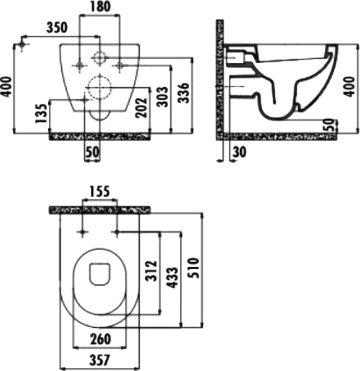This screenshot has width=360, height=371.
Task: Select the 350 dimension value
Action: [x=58, y=28]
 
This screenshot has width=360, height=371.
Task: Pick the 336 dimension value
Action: [x=183, y=93]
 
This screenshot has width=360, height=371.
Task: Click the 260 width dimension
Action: [x=99, y=339]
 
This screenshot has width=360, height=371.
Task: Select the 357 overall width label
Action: [x=99, y=358]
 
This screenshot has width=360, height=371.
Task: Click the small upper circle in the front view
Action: [x=99, y=58]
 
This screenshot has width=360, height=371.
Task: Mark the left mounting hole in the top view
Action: [x=81, y=232]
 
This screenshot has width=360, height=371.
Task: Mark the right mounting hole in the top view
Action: [x=116, y=232]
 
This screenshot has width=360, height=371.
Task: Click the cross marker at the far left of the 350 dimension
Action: [x=22, y=45]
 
